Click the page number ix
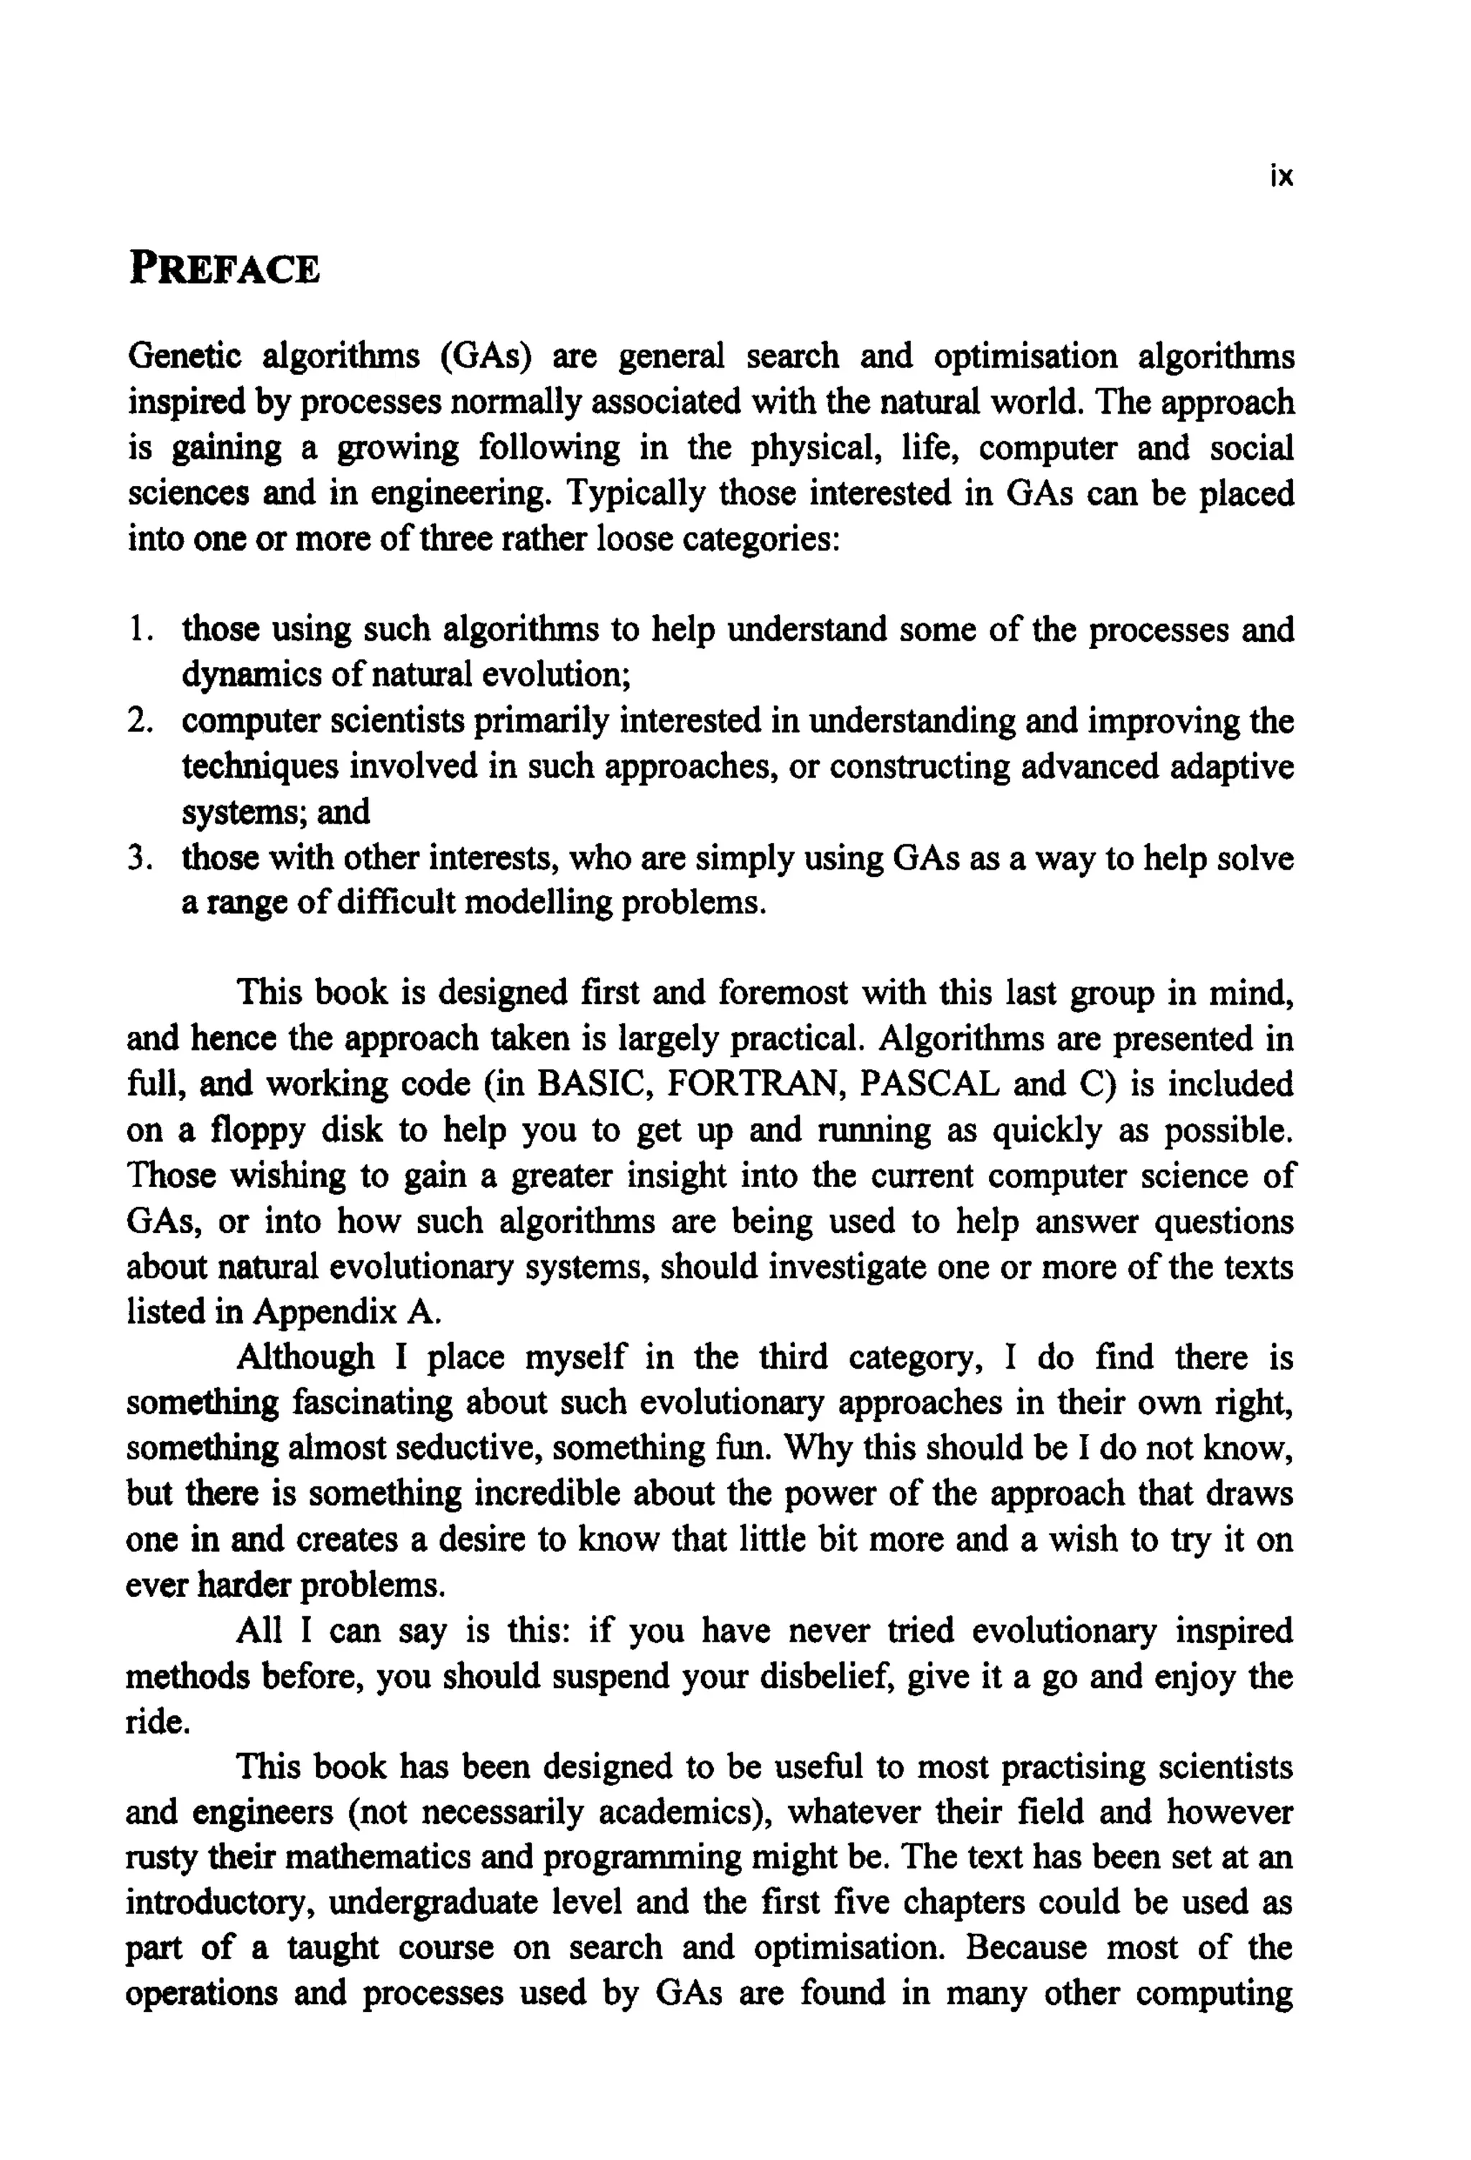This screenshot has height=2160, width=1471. point(1281,177)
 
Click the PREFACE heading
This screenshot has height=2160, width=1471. point(224,269)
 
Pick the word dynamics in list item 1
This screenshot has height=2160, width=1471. point(246,676)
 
